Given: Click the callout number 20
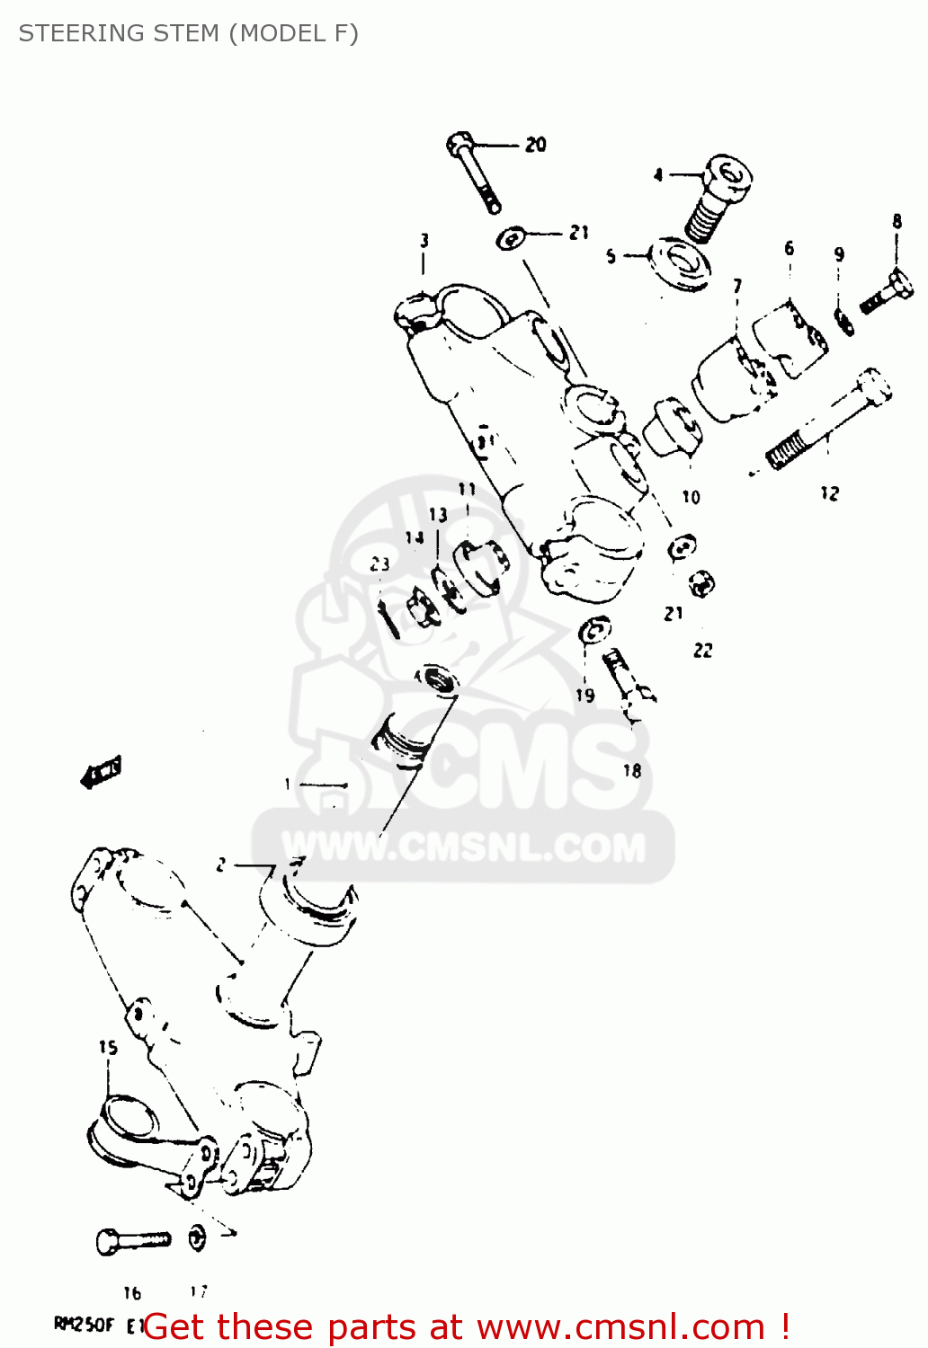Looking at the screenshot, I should point(536,144).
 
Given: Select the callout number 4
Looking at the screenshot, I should point(658,174).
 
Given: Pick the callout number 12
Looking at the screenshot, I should point(829,493).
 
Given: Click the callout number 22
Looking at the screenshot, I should point(703,650).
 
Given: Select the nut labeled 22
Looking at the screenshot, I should point(701,583).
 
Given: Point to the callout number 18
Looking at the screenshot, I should point(632,770).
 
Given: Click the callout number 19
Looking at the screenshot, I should point(585,695).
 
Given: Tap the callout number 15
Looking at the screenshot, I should point(108,1047).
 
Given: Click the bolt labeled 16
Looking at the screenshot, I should point(132,1240).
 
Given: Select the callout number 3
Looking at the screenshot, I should point(424,241).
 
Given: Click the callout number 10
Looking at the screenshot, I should point(691,497).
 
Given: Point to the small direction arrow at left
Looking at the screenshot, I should point(100,772).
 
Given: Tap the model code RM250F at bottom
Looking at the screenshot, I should point(84,1324).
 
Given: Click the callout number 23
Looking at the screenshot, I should point(379,563).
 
